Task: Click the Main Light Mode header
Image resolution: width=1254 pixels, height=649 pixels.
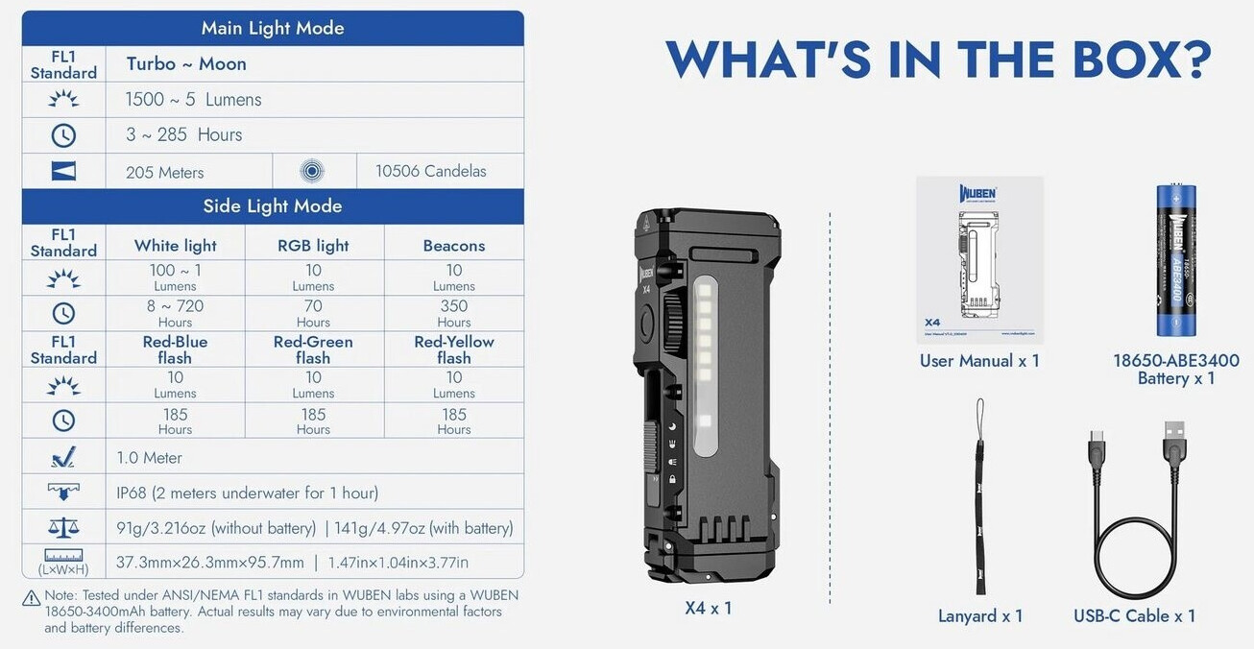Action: coord(273,28)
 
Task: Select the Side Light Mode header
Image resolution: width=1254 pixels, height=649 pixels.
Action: coord(273,206)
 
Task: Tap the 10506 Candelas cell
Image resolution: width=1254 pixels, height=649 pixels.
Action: coord(430,171)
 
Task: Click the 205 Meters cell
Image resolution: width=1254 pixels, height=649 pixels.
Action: coord(164,173)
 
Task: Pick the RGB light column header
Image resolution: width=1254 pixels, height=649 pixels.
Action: coord(313,245)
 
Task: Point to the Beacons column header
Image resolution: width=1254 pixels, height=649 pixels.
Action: coord(454,246)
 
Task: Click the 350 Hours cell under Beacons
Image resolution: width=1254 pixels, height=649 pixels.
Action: coord(454,313)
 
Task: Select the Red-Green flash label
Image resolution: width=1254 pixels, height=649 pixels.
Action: coord(313,349)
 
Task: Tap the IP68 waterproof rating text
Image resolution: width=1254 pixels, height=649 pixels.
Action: coord(248,493)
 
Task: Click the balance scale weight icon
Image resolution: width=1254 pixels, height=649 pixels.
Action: coord(63,527)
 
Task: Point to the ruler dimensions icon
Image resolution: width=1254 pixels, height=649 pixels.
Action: coord(63,556)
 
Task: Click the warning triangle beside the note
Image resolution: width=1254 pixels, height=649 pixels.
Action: coord(31,599)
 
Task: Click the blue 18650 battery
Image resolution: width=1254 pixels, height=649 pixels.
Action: coord(1176,260)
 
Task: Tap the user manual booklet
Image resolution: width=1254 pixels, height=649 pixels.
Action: coord(979,260)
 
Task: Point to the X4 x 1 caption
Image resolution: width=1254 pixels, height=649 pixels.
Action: coord(709,608)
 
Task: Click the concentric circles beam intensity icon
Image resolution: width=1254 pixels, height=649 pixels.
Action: coord(312,171)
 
